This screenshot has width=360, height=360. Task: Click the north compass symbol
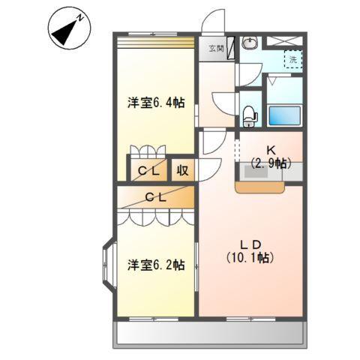tap(69, 29)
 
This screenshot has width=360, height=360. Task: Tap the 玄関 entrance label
tap(216, 49)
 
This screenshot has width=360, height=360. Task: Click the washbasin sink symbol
tap(250, 42)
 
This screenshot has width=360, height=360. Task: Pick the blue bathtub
tap(284, 115)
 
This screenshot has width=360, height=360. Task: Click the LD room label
tap(250, 244)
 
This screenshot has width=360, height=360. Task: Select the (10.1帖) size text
tap(250, 257)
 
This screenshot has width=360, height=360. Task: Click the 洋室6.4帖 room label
tap(156, 103)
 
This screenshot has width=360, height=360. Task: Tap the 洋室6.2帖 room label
tap(156, 265)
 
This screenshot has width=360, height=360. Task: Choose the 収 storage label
tap(182, 170)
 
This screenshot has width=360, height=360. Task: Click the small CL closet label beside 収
tap(147, 171)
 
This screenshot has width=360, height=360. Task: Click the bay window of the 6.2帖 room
tap(106, 265)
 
